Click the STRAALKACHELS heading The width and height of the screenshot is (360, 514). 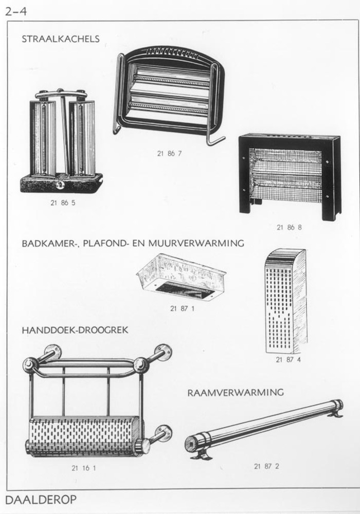click(60, 39)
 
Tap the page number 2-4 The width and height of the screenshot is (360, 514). click(15, 11)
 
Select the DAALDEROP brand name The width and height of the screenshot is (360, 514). click(41, 500)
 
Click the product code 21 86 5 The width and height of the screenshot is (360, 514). click(63, 203)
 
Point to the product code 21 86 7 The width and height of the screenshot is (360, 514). click(169, 153)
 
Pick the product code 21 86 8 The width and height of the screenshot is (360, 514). click(289, 227)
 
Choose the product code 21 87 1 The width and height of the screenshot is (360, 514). click(182, 308)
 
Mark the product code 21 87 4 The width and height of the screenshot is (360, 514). click(288, 360)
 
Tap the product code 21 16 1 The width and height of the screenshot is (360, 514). click(84, 468)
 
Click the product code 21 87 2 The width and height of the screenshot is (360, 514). click(266, 466)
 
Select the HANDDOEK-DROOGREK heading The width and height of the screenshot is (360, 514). click(75, 330)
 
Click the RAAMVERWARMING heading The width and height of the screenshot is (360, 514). click(236, 392)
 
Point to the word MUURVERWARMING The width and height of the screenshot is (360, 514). click(196, 243)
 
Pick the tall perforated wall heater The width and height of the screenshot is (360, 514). click(286, 301)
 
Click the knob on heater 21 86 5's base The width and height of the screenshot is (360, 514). click(60, 185)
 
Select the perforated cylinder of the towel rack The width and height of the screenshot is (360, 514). click(86, 436)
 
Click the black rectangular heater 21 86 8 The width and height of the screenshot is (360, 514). click(290, 177)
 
